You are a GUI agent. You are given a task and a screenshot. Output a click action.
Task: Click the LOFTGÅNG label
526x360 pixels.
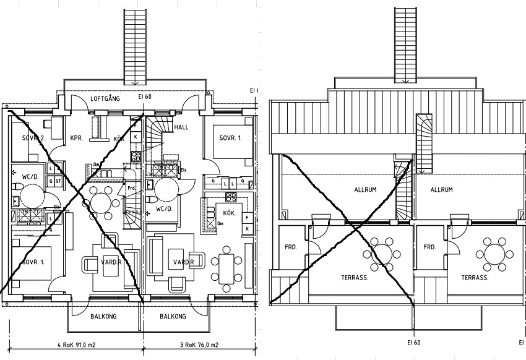[x=105, y=98]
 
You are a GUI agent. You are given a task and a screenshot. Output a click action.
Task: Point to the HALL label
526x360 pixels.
[x=181, y=127]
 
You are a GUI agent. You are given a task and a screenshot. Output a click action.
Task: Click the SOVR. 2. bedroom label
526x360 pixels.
[x=34, y=137]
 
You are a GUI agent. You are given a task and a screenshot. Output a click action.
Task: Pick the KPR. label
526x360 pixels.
[x=77, y=137]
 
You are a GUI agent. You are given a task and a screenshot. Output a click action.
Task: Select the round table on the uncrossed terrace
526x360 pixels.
[x=494, y=254]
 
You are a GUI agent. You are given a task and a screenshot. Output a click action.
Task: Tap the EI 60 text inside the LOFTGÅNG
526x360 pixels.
[x=144, y=96]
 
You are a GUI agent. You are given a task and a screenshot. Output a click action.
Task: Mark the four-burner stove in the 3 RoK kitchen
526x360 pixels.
[x=231, y=198]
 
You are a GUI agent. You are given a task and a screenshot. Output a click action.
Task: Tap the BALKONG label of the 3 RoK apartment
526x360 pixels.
[x=173, y=316]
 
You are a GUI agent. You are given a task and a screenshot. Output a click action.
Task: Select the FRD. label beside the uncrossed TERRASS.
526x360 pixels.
[x=429, y=246]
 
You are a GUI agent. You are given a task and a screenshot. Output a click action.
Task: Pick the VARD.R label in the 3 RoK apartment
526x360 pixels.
[x=184, y=262]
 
